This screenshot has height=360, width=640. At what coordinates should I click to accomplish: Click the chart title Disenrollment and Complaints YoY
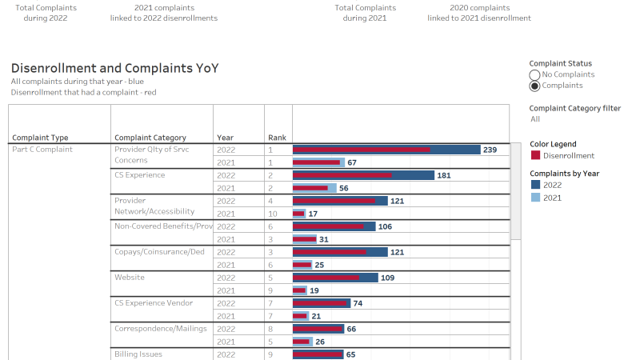(x=115, y=69)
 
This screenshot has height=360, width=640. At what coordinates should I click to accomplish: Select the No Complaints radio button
(x=534, y=74)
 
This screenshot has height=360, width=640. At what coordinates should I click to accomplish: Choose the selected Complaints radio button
(x=534, y=86)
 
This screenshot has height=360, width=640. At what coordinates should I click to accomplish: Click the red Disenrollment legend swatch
(x=535, y=155)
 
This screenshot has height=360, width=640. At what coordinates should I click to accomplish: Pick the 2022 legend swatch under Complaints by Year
(x=535, y=185)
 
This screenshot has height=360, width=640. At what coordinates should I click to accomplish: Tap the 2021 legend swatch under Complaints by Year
(x=535, y=198)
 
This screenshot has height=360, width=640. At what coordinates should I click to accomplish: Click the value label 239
(x=490, y=150)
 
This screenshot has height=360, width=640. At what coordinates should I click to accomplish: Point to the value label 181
(x=444, y=175)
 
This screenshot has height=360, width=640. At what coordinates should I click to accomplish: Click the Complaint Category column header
(x=150, y=138)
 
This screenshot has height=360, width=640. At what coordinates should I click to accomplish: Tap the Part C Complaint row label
(x=42, y=150)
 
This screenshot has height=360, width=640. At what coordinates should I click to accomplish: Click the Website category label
(x=130, y=277)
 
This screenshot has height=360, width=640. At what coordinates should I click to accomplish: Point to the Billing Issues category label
(x=138, y=354)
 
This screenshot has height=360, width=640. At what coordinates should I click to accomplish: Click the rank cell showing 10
(x=272, y=214)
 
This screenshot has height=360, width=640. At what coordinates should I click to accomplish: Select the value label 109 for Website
(x=388, y=278)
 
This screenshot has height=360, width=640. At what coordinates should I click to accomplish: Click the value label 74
(x=358, y=303)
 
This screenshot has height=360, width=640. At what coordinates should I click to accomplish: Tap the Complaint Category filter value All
(x=535, y=119)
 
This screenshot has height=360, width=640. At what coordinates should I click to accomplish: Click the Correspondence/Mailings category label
(x=161, y=328)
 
